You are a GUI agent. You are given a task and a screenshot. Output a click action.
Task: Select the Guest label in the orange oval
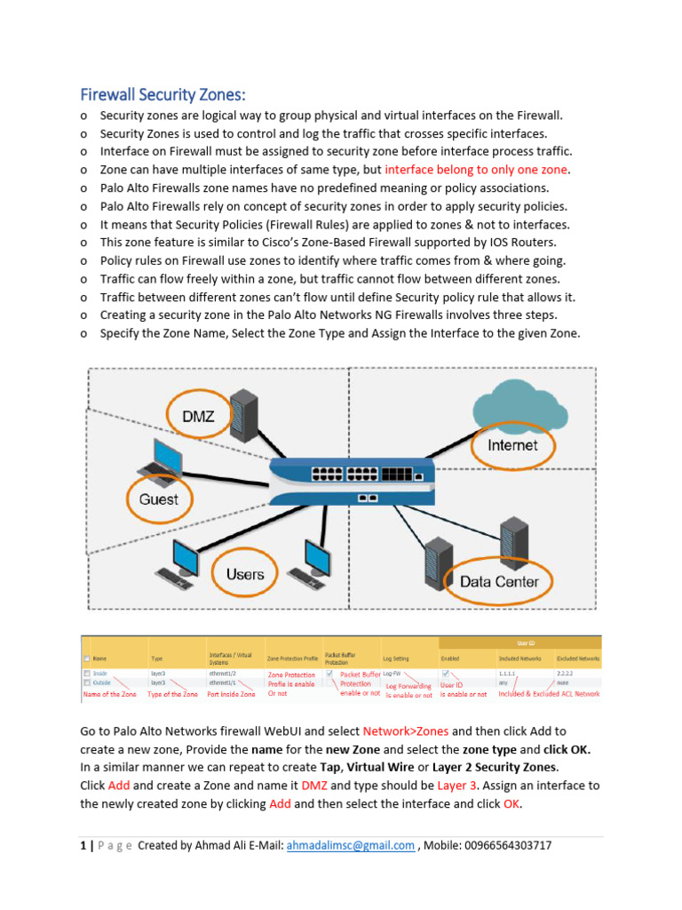click(x=159, y=499)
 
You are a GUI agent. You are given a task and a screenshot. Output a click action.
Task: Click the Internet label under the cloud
click(x=511, y=444)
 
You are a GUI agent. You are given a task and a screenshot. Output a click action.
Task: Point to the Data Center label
click(x=499, y=582)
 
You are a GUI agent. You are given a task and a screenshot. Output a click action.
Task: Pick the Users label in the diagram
click(x=245, y=574)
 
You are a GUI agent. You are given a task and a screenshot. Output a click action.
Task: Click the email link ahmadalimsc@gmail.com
click(x=350, y=845)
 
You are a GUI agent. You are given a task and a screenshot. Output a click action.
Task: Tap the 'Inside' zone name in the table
click(x=100, y=674)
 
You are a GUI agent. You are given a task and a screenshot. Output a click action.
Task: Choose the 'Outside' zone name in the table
click(x=102, y=682)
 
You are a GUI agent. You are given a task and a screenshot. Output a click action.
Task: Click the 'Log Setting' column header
click(x=397, y=659)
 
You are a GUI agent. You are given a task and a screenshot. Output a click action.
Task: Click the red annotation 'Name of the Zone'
click(x=109, y=694)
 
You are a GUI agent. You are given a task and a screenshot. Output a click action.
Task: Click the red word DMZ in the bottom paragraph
click(x=314, y=786)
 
